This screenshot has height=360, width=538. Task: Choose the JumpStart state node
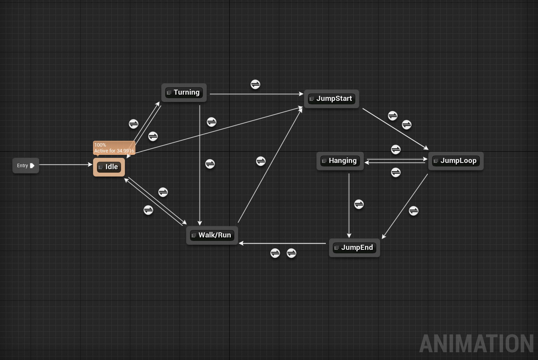coord(332,99)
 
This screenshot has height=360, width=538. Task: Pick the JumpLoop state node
coord(456,161)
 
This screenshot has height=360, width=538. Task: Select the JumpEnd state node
coord(354,247)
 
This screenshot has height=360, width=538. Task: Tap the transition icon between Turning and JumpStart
coord(255,84)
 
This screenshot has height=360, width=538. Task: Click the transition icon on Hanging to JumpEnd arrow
coord(359,204)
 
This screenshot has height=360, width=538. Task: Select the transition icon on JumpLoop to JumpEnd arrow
coord(413,211)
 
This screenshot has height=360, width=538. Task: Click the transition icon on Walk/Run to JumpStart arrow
coord(261,161)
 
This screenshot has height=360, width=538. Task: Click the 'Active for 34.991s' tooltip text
coord(114,151)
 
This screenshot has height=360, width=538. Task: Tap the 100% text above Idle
coord(100,145)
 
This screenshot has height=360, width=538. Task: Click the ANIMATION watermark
coord(476,344)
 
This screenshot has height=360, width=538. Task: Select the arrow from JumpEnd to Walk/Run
coord(283,244)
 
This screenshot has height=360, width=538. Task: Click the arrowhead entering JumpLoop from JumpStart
coord(426,148)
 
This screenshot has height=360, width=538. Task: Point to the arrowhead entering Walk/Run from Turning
coord(200,223)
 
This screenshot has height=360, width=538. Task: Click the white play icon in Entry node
coord(32,166)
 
